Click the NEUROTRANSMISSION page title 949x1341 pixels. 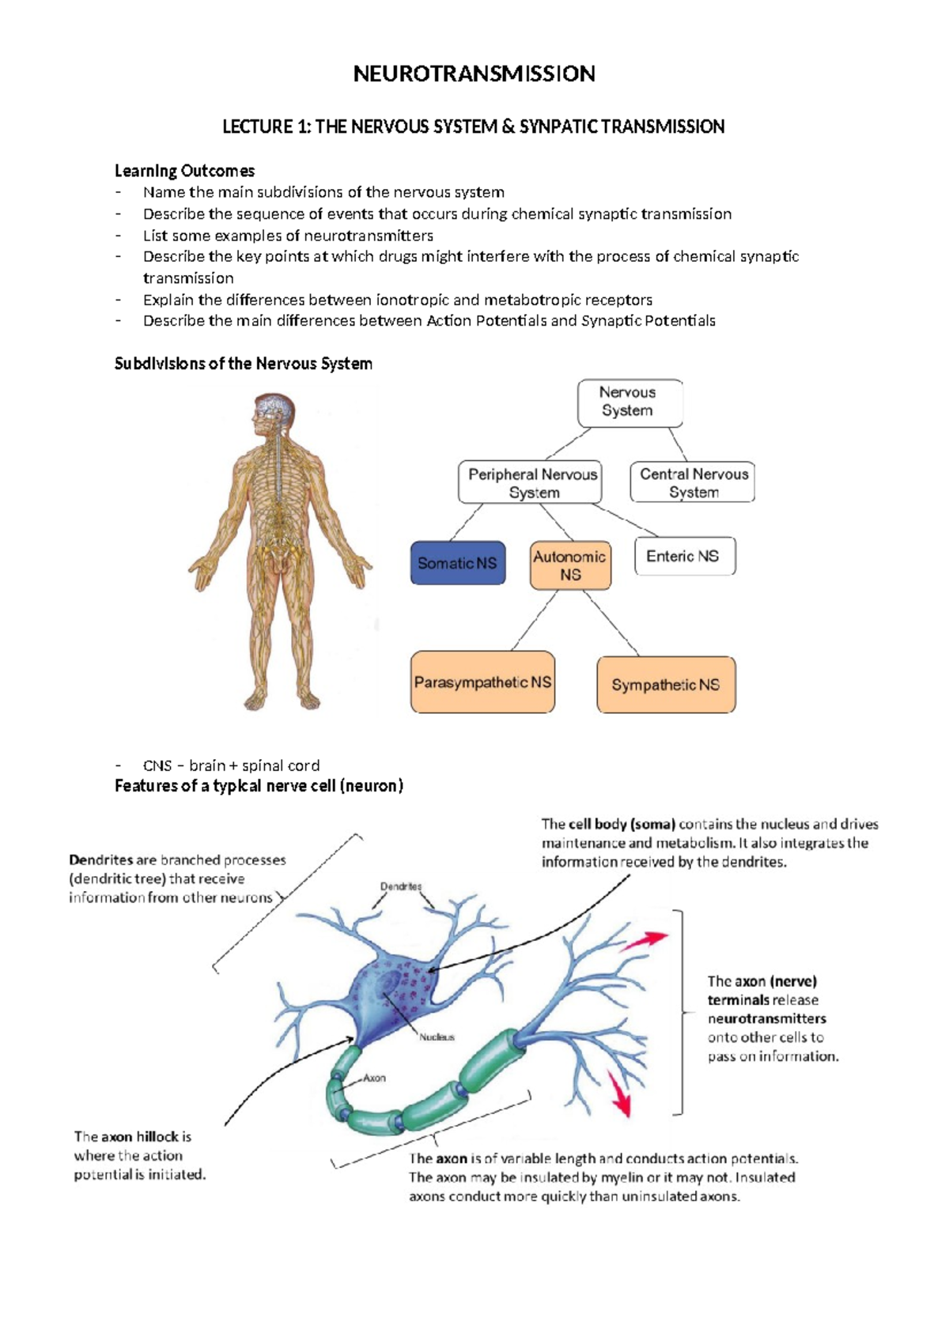474,74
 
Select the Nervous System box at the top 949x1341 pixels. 629,402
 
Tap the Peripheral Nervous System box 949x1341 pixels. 531,482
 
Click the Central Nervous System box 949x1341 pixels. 693,482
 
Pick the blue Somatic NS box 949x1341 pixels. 457,563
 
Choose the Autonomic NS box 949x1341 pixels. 570,565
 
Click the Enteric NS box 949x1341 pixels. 684,556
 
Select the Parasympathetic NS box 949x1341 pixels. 482,682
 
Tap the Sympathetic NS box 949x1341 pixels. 666,685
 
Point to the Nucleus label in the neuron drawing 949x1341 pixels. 437,1037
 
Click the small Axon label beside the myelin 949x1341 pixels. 374,1078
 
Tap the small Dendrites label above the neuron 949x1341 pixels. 401,886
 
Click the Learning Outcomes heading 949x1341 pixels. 184,171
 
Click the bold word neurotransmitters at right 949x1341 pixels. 766,1018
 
